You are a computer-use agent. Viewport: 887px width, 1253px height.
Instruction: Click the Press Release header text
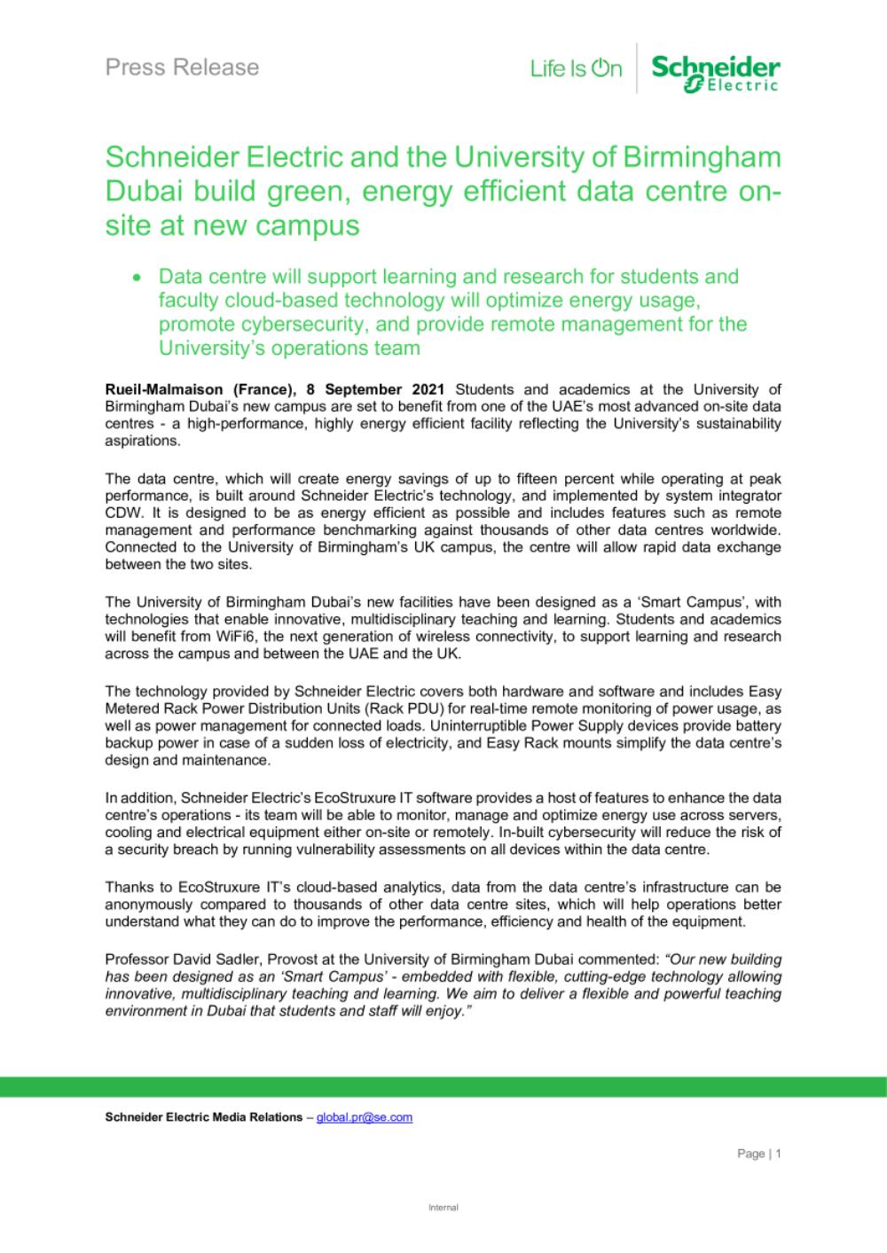(182, 67)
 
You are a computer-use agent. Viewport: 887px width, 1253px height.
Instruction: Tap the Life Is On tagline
(576, 68)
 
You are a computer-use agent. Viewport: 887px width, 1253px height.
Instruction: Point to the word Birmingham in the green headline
(705, 157)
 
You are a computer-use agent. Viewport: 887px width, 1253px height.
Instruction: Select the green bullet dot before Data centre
(137, 278)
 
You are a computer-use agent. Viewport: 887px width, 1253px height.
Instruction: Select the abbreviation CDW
(122, 513)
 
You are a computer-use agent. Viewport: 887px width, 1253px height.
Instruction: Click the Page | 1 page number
(758, 1154)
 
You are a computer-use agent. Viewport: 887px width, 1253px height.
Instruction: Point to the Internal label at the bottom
(443, 1208)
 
